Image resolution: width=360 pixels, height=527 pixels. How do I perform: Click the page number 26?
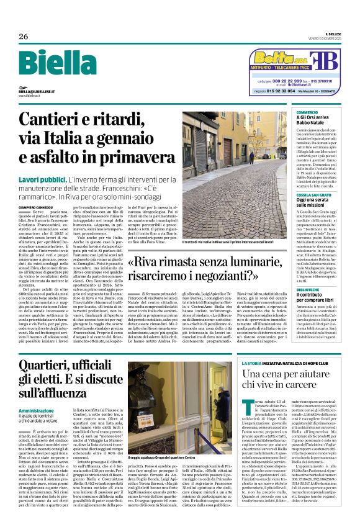pos(24,37)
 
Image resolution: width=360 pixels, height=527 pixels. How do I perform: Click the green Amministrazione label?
pos(40,411)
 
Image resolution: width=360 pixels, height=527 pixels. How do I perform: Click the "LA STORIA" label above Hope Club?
pos(251,345)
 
